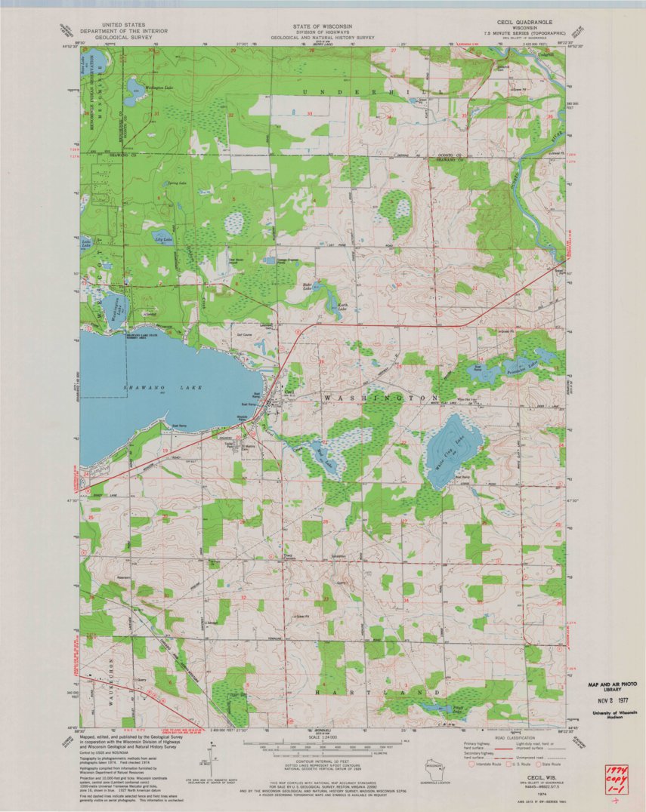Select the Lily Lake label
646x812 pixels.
coord(163,239)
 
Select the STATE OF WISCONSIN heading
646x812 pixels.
coord(323,25)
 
